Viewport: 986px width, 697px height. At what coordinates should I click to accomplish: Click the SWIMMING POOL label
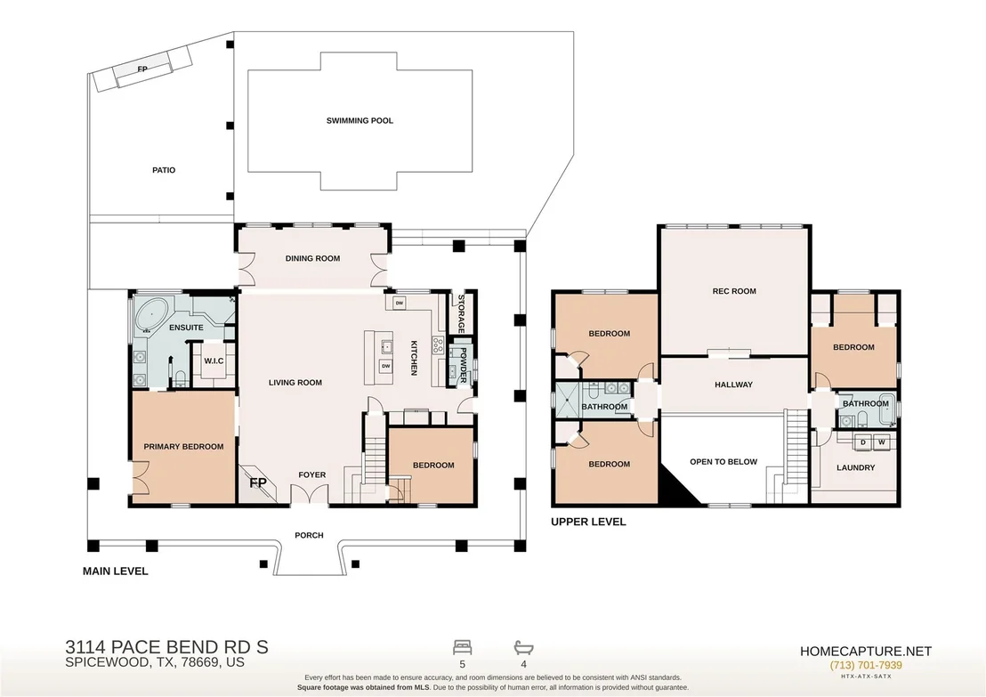click(360, 121)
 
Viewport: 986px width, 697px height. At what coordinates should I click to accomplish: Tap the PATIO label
click(164, 170)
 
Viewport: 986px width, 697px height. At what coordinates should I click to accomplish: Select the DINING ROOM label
click(312, 258)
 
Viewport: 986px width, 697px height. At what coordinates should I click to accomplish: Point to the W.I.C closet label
click(214, 361)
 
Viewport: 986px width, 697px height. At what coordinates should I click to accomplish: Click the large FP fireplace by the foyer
click(258, 482)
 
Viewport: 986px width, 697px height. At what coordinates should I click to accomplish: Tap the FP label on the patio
click(142, 69)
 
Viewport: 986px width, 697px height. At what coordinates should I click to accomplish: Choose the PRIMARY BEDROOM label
click(183, 447)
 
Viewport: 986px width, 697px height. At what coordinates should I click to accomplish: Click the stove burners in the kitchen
click(438, 344)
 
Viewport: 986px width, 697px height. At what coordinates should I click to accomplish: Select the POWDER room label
click(464, 366)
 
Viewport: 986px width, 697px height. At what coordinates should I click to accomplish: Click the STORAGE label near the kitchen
click(461, 313)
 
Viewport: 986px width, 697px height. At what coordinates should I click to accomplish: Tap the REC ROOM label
click(734, 291)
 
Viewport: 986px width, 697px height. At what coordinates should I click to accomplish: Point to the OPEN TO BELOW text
click(723, 462)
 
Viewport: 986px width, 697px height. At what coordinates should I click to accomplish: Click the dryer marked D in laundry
click(863, 442)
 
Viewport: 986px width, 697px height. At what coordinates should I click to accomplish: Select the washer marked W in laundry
click(882, 442)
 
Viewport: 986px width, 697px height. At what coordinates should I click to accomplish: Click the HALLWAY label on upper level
click(734, 385)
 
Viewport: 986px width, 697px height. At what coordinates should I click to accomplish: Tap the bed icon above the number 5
click(462, 647)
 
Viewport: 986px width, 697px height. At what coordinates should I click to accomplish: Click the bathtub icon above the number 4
click(524, 647)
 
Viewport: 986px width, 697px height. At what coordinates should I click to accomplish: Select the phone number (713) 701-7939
click(866, 666)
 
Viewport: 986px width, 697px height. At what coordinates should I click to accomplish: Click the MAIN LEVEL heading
click(116, 571)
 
